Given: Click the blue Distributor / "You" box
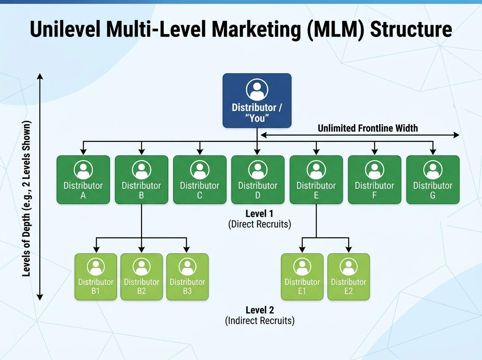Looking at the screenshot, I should click(x=257, y=100).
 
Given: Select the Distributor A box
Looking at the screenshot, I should click(x=83, y=180).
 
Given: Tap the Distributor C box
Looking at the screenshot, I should click(x=200, y=180).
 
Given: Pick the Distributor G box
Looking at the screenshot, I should click(x=433, y=180).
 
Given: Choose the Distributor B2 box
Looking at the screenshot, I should click(x=141, y=277).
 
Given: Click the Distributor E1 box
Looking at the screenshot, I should click(x=302, y=277).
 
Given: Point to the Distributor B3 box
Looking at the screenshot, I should click(x=187, y=277).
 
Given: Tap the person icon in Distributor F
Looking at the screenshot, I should click(x=374, y=170).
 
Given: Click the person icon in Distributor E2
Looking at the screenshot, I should click(x=348, y=266).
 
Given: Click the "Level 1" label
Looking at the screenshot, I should click(x=259, y=214).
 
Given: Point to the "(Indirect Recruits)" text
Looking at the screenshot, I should click(x=259, y=321).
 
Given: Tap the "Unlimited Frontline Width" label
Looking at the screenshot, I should click(x=368, y=128).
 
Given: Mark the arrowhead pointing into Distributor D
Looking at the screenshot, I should click(x=257, y=152).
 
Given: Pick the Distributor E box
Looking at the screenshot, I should click(x=316, y=180).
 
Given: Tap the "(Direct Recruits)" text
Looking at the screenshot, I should click(x=259, y=224).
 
